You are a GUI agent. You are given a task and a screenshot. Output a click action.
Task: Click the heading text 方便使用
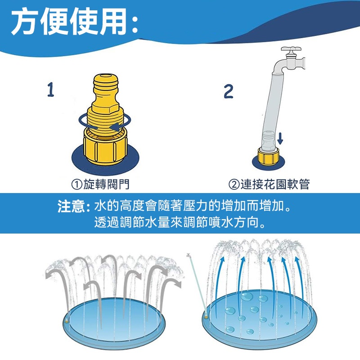tap(69, 21)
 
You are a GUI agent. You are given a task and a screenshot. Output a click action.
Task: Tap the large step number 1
tap(51, 89)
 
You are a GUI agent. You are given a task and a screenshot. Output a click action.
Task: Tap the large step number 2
tap(229, 91)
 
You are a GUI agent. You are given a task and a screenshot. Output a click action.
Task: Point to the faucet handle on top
tap(291, 49)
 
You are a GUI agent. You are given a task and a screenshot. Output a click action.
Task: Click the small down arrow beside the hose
tap(280, 139)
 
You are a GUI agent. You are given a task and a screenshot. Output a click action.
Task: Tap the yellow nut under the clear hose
tap(268, 155)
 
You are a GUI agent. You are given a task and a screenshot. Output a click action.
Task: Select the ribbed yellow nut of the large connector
tap(105, 147)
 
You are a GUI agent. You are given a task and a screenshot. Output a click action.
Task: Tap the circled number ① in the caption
tap(76, 184)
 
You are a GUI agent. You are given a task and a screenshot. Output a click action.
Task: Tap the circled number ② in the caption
tap(234, 184)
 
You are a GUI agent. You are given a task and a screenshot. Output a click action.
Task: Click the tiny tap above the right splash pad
tap(189, 255)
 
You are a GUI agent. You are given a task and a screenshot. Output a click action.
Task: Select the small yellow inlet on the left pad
tap(67, 321)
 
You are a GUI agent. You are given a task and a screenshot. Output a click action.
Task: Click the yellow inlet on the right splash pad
tap(206, 317)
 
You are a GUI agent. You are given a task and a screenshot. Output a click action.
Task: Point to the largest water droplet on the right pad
tap(247, 296)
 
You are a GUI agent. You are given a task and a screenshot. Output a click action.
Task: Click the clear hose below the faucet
tap(273, 108)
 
